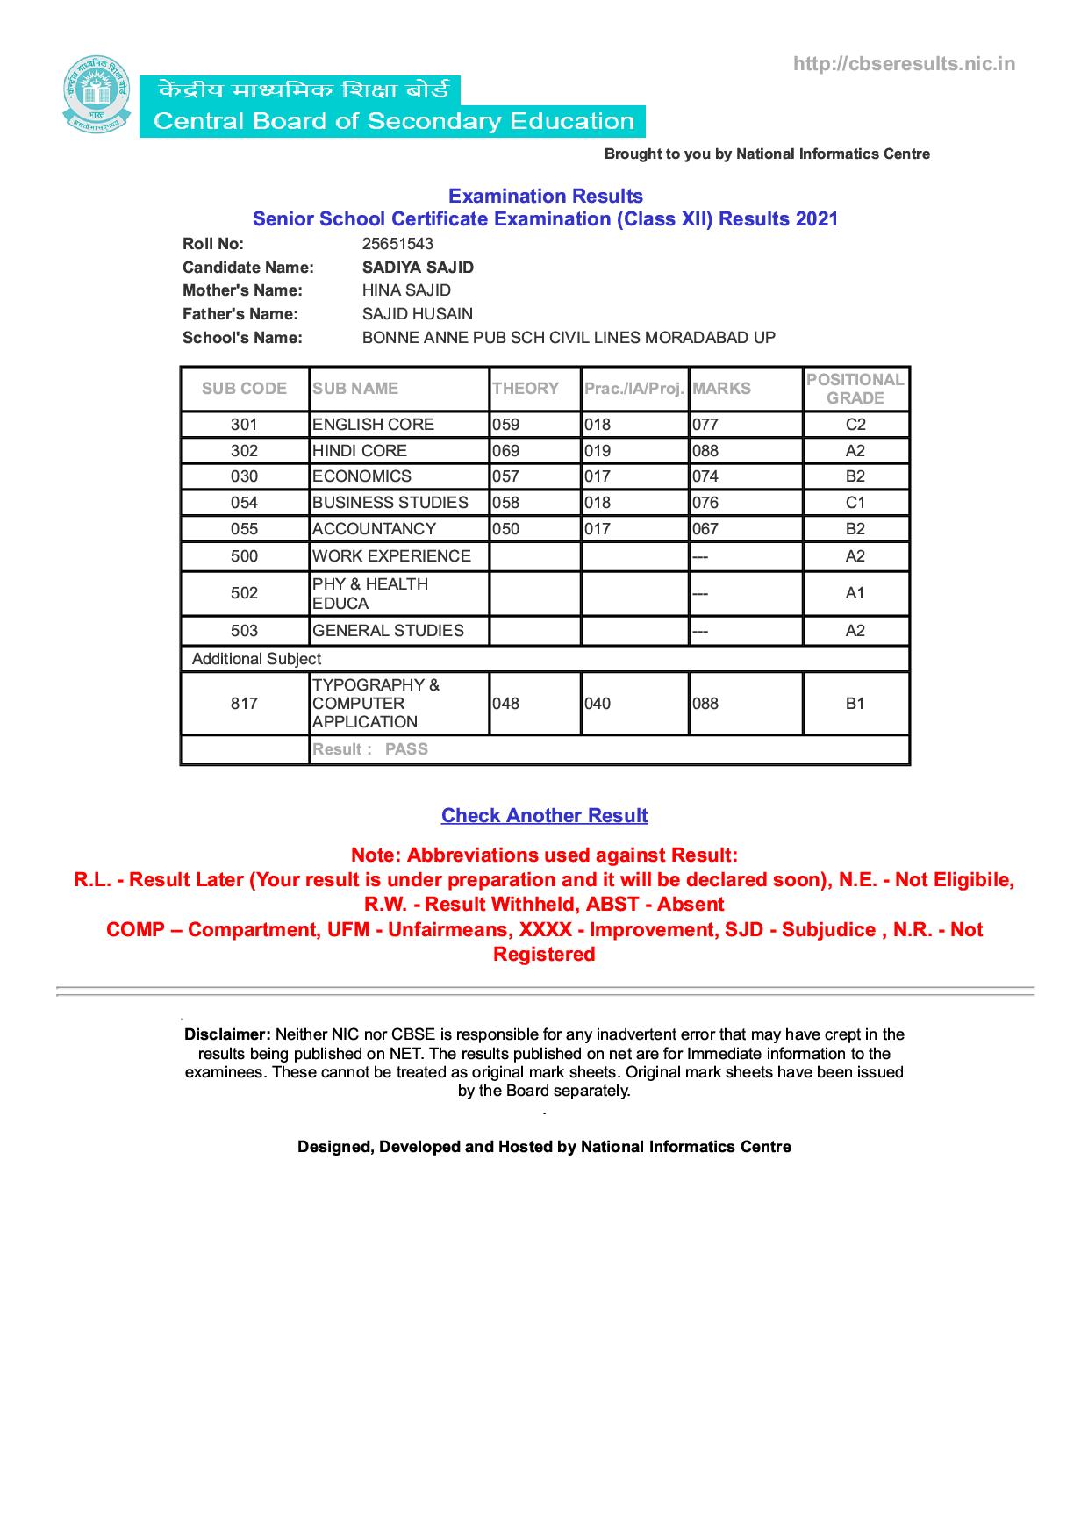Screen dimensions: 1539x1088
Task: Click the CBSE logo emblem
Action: [96, 95]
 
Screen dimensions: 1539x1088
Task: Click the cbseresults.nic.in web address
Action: [904, 63]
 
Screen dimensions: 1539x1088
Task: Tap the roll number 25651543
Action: [397, 244]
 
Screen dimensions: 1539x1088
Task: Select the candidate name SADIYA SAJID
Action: [418, 268]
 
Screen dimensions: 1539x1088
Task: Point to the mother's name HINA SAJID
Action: [406, 290]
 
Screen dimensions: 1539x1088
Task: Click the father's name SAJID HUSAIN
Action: [417, 314]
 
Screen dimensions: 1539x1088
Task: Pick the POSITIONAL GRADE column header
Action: [855, 389]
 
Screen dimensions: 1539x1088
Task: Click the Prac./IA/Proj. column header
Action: [633, 389]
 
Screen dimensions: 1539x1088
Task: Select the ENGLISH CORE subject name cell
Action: [373, 425]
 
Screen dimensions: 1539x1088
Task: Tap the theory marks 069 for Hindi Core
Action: [505, 451]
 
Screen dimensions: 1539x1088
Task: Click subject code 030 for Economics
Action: [244, 476]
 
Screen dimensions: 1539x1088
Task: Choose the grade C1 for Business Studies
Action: [855, 503]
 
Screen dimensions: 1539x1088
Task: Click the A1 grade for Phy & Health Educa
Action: [855, 593]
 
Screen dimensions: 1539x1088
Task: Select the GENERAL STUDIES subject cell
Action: [388, 631]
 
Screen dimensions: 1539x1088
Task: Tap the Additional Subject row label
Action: [256, 659]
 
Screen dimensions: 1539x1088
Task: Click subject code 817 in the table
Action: [244, 704]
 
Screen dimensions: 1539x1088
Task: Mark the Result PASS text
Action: [370, 749]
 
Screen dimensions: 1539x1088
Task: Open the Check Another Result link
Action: [544, 816]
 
